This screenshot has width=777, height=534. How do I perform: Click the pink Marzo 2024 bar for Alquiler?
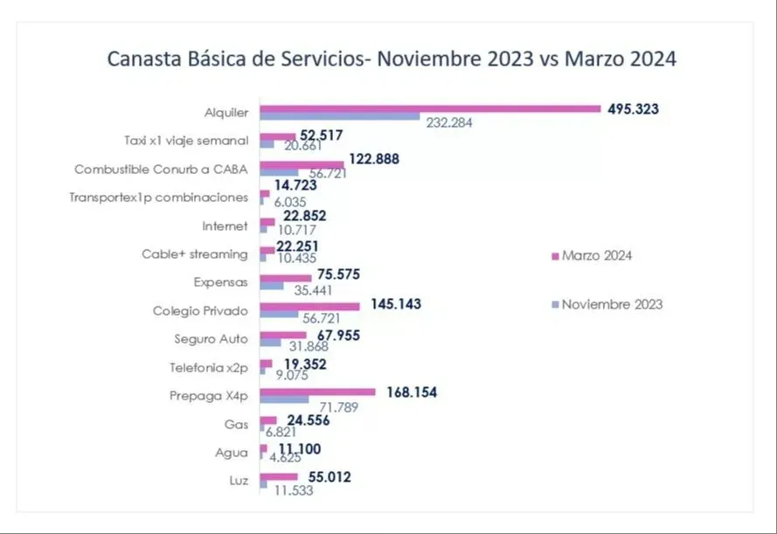point(430,108)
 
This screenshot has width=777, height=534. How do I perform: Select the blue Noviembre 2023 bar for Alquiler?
point(340,116)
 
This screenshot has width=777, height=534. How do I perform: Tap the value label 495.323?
point(633,109)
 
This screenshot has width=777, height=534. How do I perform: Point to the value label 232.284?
point(449,123)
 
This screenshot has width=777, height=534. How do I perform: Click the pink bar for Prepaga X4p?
point(317,392)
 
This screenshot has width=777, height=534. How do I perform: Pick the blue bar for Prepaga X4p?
point(284,399)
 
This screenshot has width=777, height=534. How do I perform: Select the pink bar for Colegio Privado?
point(309,307)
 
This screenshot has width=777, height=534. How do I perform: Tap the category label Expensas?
point(221,282)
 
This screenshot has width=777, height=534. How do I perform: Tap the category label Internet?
point(225,226)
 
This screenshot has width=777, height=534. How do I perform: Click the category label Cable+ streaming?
point(195,254)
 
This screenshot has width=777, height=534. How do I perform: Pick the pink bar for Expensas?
point(286,278)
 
